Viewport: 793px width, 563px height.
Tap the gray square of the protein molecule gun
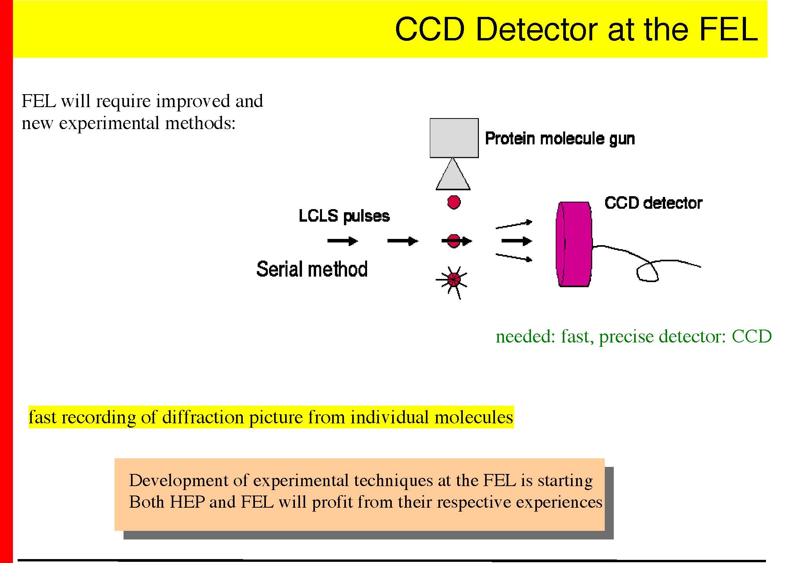pyautogui.click(x=454, y=138)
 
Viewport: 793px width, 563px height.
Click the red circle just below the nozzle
pyautogui.click(x=454, y=202)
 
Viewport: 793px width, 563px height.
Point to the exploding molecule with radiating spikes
pyautogui.click(x=453, y=279)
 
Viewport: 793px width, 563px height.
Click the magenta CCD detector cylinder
pyautogui.click(x=574, y=244)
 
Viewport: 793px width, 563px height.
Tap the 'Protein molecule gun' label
pyautogui.click(x=560, y=138)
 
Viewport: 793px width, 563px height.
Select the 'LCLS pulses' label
pyautogui.click(x=344, y=216)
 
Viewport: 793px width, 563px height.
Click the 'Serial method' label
pyautogui.click(x=312, y=269)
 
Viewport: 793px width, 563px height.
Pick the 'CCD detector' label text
pyautogui.click(x=653, y=203)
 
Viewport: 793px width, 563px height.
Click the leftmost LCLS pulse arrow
pyautogui.click(x=342, y=241)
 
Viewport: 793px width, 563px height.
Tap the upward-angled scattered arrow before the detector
pyautogui.click(x=514, y=224)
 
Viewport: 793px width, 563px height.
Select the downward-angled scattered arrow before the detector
pyautogui.click(x=514, y=257)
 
